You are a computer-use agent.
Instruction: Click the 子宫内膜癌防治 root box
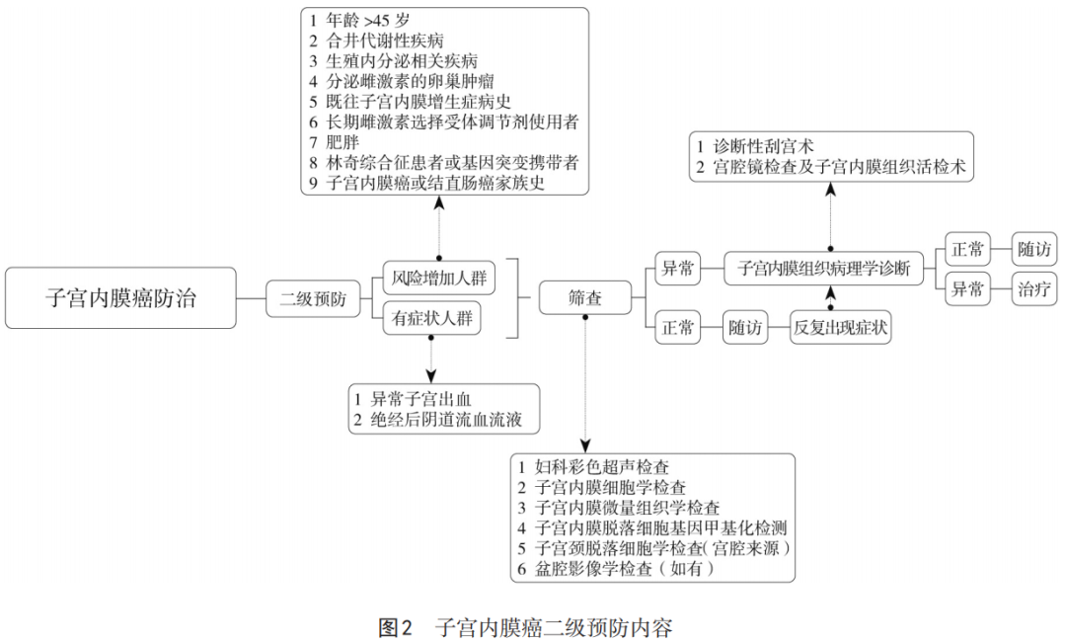pos(120,297)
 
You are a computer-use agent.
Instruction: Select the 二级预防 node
pos(313,298)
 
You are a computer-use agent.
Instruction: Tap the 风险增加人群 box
pos(439,277)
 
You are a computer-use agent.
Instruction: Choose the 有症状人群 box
pos(432,318)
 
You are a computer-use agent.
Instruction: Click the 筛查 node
pos(585,297)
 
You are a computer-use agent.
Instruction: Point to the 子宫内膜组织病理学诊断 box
pos(830,269)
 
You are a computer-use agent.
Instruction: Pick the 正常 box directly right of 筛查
pos(677,327)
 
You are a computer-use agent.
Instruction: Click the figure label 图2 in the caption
pos(395,626)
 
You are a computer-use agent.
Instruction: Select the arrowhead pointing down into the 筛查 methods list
pos(585,444)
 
